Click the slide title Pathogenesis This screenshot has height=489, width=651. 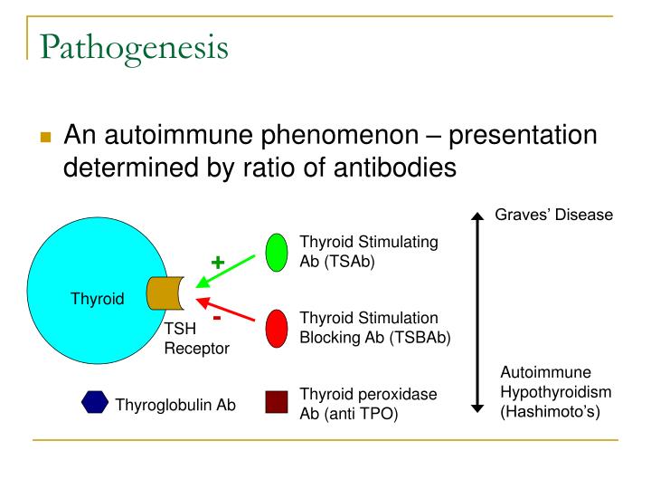point(134,46)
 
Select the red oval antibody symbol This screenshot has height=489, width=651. point(277,328)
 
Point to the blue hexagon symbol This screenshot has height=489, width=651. point(94,403)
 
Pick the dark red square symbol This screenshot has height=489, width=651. point(277,402)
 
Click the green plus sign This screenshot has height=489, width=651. point(218,263)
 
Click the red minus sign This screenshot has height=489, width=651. point(217,318)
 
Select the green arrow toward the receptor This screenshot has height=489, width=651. point(231,272)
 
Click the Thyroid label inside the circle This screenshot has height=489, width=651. point(98,299)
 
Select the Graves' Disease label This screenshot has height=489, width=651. point(553,215)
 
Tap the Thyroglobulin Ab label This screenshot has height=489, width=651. point(175,405)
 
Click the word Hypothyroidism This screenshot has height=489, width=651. point(556,391)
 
